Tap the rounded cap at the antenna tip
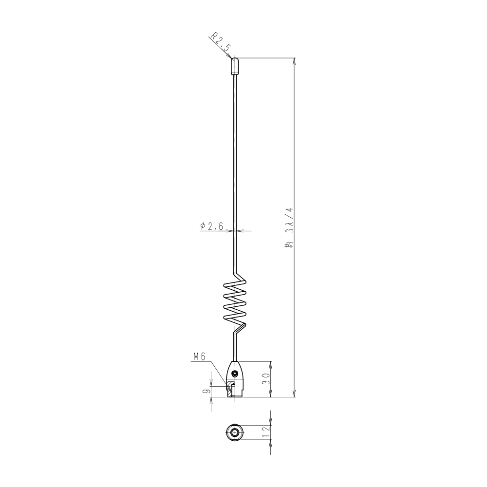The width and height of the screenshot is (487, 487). [x=235, y=66]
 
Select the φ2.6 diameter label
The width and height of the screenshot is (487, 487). [x=211, y=226]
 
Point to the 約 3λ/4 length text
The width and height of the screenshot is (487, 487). [x=289, y=227]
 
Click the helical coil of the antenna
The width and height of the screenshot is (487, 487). [x=235, y=302]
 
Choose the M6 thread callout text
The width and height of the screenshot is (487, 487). [x=199, y=356]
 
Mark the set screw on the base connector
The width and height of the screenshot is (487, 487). [x=235, y=373]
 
